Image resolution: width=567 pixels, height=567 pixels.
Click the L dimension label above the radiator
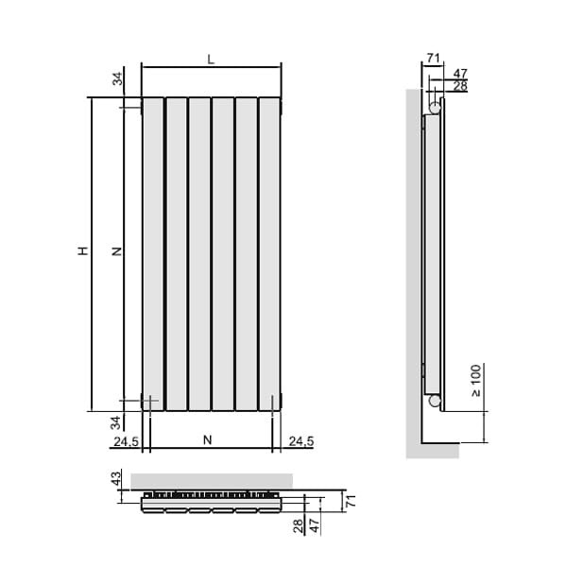click(211, 60)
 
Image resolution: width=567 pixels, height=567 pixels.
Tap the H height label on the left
click(83, 251)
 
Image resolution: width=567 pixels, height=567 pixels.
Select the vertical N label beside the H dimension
click(117, 251)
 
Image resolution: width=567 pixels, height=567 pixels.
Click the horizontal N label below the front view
click(208, 440)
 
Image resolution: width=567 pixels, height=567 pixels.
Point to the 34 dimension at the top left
click(117, 78)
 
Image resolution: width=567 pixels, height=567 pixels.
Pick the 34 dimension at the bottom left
click(115, 422)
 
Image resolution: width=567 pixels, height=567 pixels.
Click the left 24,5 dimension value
click(126, 441)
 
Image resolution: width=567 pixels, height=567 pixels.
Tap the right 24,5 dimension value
click(301, 441)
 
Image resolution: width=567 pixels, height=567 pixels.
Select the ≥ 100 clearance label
click(476, 381)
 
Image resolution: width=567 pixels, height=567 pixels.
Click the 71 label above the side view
click(433, 58)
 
